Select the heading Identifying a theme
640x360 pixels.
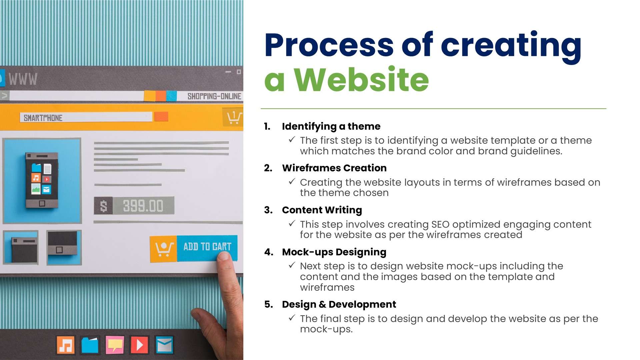click(331, 126)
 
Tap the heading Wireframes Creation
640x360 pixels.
click(334, 168)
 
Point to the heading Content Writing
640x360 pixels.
click(322, 210)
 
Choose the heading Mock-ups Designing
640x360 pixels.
click(334, 252)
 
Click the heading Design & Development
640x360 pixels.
click(339, 304)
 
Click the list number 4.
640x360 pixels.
click(268, 252)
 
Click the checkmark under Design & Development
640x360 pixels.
click(292, 318)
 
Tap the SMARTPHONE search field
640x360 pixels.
click(86, 118)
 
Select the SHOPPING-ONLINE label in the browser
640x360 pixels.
click(214, 96)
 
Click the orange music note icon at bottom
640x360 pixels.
click(66, 345)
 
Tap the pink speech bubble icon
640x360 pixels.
click(115, 345)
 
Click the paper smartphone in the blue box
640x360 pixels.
click(42, 180)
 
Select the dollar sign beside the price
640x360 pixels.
click(104, 206)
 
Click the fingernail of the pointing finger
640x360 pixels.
click(224, 256)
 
